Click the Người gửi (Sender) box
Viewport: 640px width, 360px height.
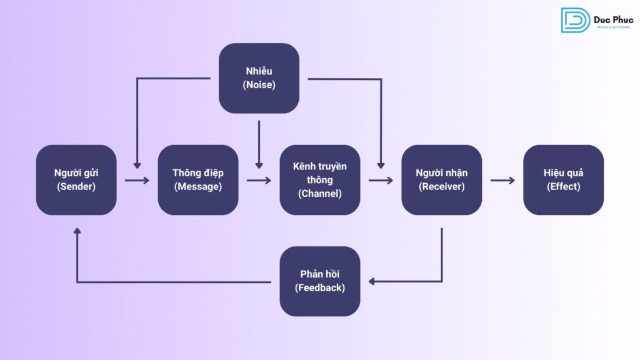pyautogui.click(x=76, y=180)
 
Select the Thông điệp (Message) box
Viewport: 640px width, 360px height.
pyautogui.click(x=198, y=180)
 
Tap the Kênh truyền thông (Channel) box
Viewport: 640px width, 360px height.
pyautogui.click(x=320, y=180)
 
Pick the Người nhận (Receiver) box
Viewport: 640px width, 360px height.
pyautogui.click(x=442, y=180)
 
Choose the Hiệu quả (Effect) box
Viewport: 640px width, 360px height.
pyautogui.click(x=563, y=180)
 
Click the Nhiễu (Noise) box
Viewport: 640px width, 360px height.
pyautogui.click(x=259, y=78)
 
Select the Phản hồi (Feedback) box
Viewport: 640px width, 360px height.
pyautogui.click(x=320, y=281)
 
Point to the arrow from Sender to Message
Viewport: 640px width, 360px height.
pyautogui.click(x=137, y=181)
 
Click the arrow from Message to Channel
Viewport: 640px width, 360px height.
pyautogui.click(x=259, y=181)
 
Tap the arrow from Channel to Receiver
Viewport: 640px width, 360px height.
pyautogui.click(x=381, y=181)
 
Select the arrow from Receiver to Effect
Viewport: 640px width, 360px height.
pyautogui.click(x=502, y=181)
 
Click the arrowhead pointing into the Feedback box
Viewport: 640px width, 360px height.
pyautogui.click(x=371, y=282)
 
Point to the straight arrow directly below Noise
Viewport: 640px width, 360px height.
pyautogui.click(x=259, y=145)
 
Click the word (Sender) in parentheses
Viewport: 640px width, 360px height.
pyautogui.click(x=76, y=186)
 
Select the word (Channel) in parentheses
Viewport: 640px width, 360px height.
pyautogui.click(x=320, y=193)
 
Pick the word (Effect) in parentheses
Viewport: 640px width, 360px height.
pyautogui.click(x=563, y=186)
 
